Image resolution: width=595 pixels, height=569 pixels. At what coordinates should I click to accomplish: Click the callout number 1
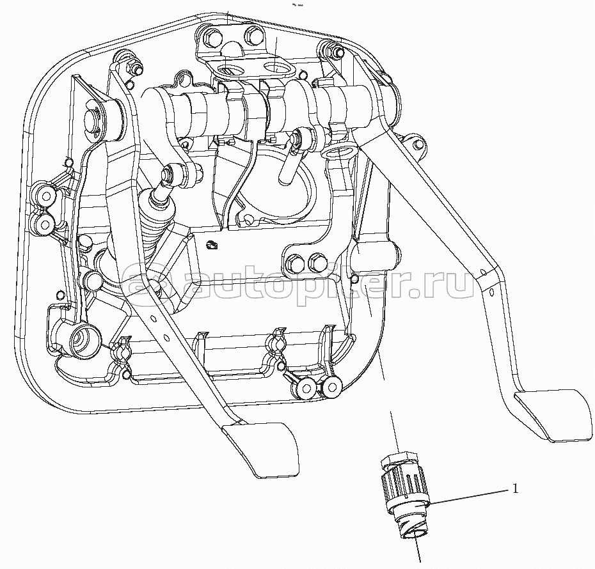[515, 489]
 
